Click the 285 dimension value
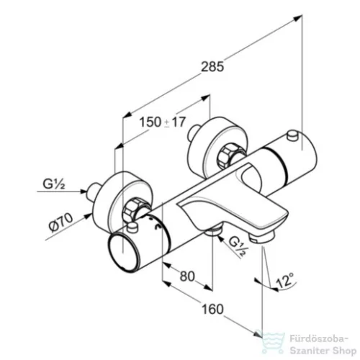pyautogui.click(x=212, y=67)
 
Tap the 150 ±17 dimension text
pyautogui.click(x=163, y=122)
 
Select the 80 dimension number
pyautogui.click(x=187, y=276)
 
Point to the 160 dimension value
pyautogui.click(x=212, y=309)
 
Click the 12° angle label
pyautogui.click(x=285, y=280)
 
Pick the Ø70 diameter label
pyautogui.click(x=61, y=223)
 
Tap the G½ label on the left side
pyautogui.click(x=53, y=184)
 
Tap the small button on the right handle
pyautogui.click(x=292, y=135)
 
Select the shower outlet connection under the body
pyautogui.click(x=212, y=231)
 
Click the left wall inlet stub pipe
pyautogui.click(x=94, y=192)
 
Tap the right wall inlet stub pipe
pyautogui.click(x=194, y=132)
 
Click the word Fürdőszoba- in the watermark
pyautogui.click(x=318, y=340)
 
